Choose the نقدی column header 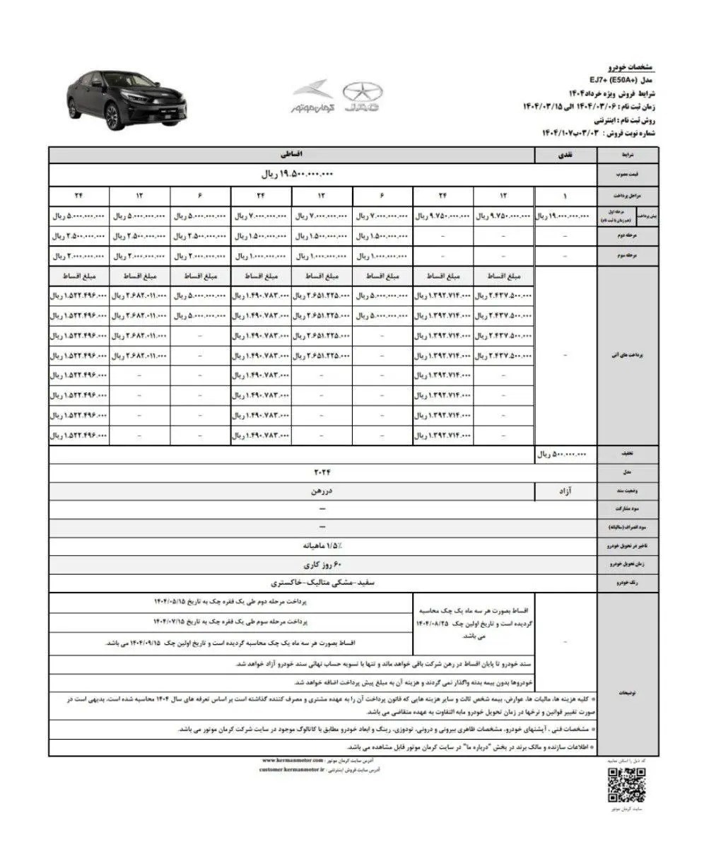coord(566,153)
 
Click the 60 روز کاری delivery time coord(322,565)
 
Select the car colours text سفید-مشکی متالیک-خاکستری coord(322,583)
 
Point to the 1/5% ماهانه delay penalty coord(322,546)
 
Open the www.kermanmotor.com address coord(291,759)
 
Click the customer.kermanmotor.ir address coord(291,770)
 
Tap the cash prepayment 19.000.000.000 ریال coord(565,214)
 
